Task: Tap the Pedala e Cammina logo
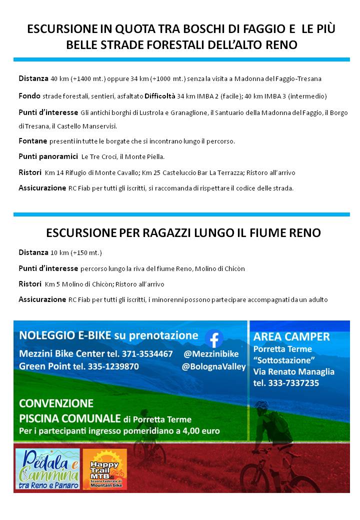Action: click(x=47, y=468)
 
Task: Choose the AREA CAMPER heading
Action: click(x=291, y=336)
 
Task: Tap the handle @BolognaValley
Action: click(x=214, y=366)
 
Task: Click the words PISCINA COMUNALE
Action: click(x=70, y=418)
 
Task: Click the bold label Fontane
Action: click(x=33, y=141)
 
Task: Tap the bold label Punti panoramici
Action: click(x=48, y=156)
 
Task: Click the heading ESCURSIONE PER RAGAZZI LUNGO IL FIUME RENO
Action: click(x=183, y=233)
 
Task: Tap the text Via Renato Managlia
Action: click(x=294, y=371)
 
